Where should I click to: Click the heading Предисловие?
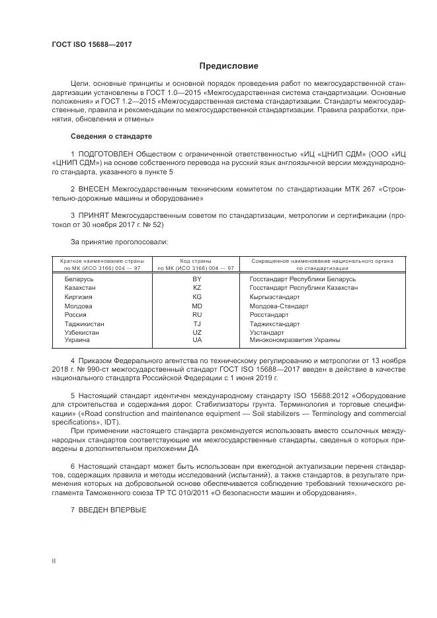click(229, 66)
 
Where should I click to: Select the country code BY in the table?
click(196, 279)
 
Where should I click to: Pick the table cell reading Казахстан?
click(80, 289)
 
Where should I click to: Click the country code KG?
click(196, 297)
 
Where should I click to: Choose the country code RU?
click(196, 315)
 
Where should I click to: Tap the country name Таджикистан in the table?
click(84, 324)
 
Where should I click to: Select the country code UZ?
click(196, 333)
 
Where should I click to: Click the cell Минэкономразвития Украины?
click(294, 340)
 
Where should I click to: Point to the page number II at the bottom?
click(54, 561)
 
